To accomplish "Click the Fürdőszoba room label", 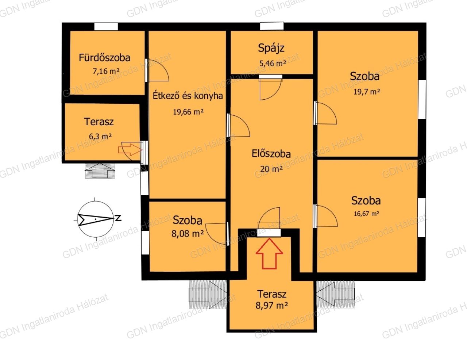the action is [104, 58].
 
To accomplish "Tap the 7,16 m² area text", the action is [106, 71].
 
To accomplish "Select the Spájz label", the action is [271, 48].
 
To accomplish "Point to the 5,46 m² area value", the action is [273, 63].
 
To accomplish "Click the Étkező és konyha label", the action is [188, 96].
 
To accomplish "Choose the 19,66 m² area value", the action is [188, 112].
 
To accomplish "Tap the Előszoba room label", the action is [271, 154].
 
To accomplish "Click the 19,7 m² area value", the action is [367, 92].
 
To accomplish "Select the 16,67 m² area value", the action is [366, 214].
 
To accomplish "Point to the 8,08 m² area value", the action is [188, 234].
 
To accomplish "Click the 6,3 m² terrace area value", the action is [100, 136].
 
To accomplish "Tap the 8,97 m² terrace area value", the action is [272, 305].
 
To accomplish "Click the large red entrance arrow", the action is [269, 253].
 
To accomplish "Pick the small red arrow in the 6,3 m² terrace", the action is [130, 150].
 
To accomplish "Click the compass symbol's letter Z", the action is [118, 218].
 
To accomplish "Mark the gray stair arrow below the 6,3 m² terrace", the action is [100, 171].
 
